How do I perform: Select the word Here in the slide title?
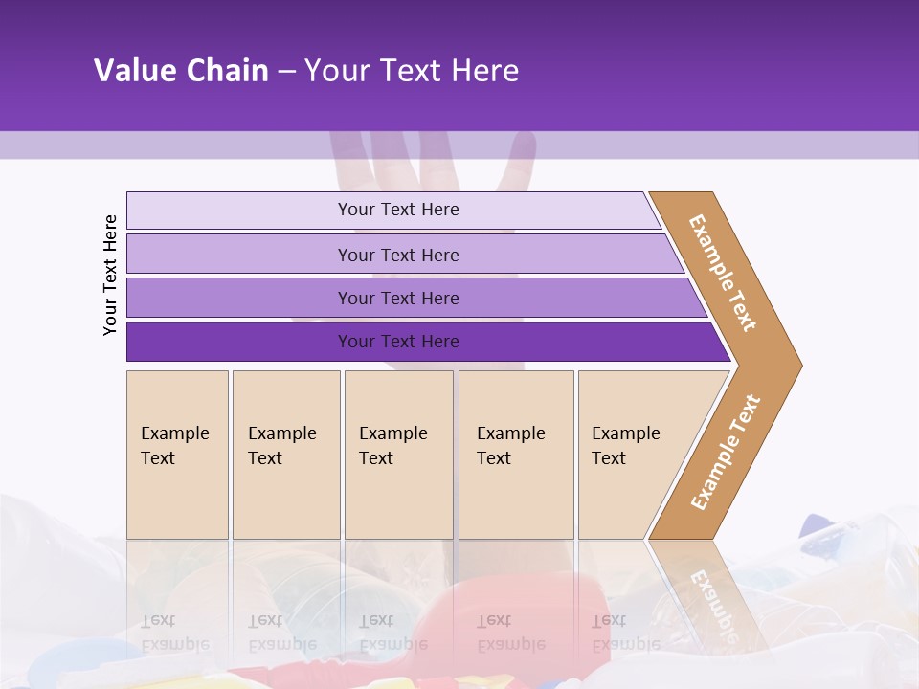pos(484,71)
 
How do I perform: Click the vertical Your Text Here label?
pos(110,276)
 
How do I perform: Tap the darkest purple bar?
pos(239,342)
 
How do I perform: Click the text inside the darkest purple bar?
pos(398,342)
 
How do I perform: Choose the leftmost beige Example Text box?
pos(177,455)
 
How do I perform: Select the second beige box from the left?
pos(286,455)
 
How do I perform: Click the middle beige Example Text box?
pos(398,455)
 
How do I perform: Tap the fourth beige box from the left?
pos(516,455)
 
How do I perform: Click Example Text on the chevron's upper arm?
pos(723,273)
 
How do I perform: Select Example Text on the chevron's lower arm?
pos(726,452)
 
